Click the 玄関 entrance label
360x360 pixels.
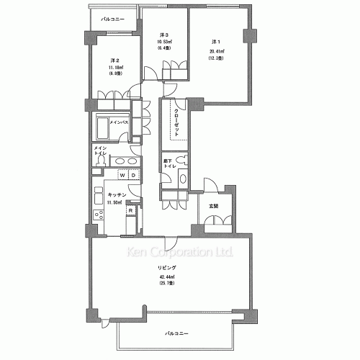tap(213, 207)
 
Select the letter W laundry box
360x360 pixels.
tap(122, 176)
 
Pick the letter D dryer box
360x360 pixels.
tap(133, 176)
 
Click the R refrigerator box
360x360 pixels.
tap(130, 210)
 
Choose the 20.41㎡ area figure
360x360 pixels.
tap(217, 51)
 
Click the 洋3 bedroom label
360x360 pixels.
tap(164, 35)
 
